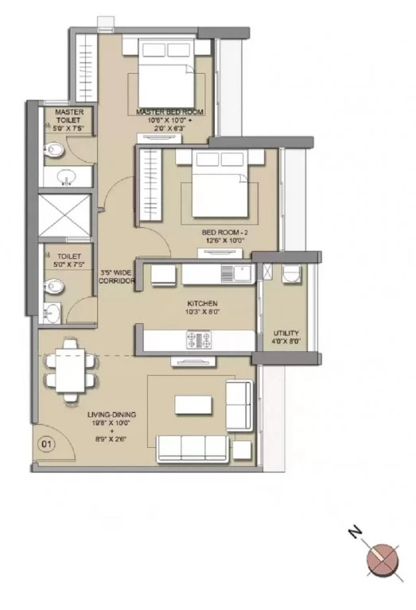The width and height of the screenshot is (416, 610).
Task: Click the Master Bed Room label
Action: point(170,112)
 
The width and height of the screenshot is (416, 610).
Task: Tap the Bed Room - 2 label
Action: point(225,232)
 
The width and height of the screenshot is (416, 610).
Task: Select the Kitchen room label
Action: point(202,303)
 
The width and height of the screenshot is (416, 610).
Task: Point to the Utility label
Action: point(286,333)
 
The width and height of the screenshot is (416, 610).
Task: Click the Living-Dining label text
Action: point(112,415)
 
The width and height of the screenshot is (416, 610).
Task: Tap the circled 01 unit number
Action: point(46,444)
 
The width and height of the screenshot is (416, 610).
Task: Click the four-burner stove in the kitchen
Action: point(199,340)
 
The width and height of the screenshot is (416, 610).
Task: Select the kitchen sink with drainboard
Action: point(236,273)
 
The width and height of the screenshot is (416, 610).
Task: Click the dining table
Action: point(71,371)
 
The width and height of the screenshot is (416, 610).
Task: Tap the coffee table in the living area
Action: point(193,405)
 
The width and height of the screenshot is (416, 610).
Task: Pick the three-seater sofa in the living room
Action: point(192,449)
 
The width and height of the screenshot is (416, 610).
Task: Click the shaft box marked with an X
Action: point(64,215)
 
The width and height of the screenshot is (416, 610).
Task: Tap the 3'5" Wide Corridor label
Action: point(117,276)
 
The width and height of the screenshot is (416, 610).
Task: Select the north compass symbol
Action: point(383,562)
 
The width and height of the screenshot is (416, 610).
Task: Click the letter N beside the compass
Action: point(355,531)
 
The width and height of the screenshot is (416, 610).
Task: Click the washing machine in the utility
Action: point(291,274)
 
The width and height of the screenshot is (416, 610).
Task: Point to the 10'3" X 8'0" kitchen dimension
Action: point(203,311)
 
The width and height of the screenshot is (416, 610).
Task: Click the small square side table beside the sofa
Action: point(242,450)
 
